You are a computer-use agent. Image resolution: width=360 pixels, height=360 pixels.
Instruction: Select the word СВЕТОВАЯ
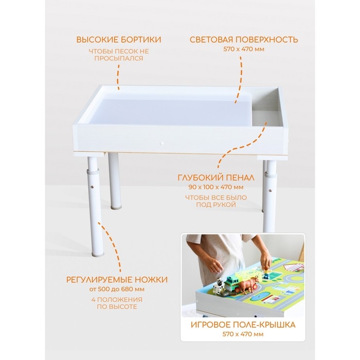(x=211, y=40)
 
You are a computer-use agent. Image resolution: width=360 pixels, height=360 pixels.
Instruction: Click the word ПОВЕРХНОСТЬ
(x=267, y=40)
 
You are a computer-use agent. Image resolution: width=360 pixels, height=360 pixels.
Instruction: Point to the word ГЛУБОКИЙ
(x=200, y=178)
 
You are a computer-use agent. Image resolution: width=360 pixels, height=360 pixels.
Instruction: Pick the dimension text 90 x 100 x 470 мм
(x=216, y=187)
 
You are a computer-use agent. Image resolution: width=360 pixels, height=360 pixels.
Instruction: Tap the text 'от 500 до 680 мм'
(x=117, y=289)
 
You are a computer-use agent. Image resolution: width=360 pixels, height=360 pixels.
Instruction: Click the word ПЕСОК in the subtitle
(x=127, y=51)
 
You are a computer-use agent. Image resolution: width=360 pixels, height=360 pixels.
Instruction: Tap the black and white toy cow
(x=218, y=285)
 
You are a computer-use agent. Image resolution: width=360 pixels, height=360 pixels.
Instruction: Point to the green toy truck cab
(x=231, y=283)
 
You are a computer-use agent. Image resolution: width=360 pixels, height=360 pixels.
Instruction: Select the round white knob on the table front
(x=162, y=143)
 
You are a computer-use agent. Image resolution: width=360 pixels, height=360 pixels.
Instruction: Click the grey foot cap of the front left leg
(x=97, y=254)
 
